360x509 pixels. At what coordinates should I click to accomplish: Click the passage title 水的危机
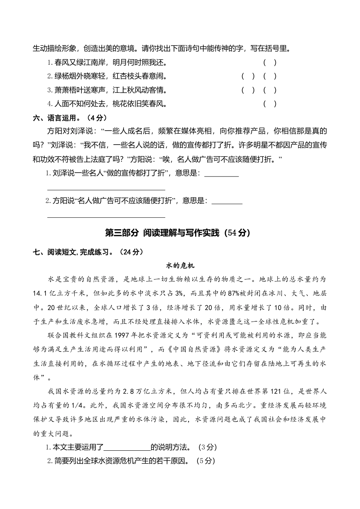pyautogui.click(x=180, y=265)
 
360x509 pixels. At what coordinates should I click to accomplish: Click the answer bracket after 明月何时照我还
pyautogui.click(x=270, y=62)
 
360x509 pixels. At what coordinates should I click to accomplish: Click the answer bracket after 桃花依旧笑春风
pyautogui.click(x=270, y=103)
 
